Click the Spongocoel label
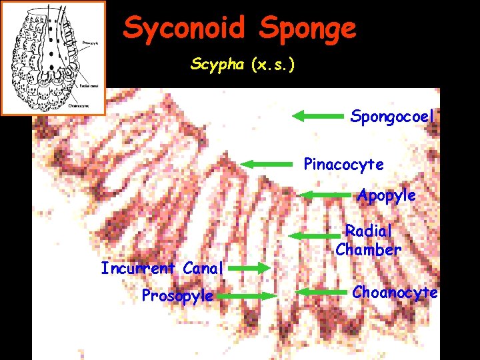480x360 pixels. point(392,117)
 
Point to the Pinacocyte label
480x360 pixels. point(343,164)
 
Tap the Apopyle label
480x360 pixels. point(386,195)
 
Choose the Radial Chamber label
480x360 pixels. point(368,241)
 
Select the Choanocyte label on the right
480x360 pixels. point(395,293)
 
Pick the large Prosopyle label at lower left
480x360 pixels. point(177,295)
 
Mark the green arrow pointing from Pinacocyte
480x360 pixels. point(267,164)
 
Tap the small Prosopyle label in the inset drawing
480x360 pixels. point(90,43)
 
